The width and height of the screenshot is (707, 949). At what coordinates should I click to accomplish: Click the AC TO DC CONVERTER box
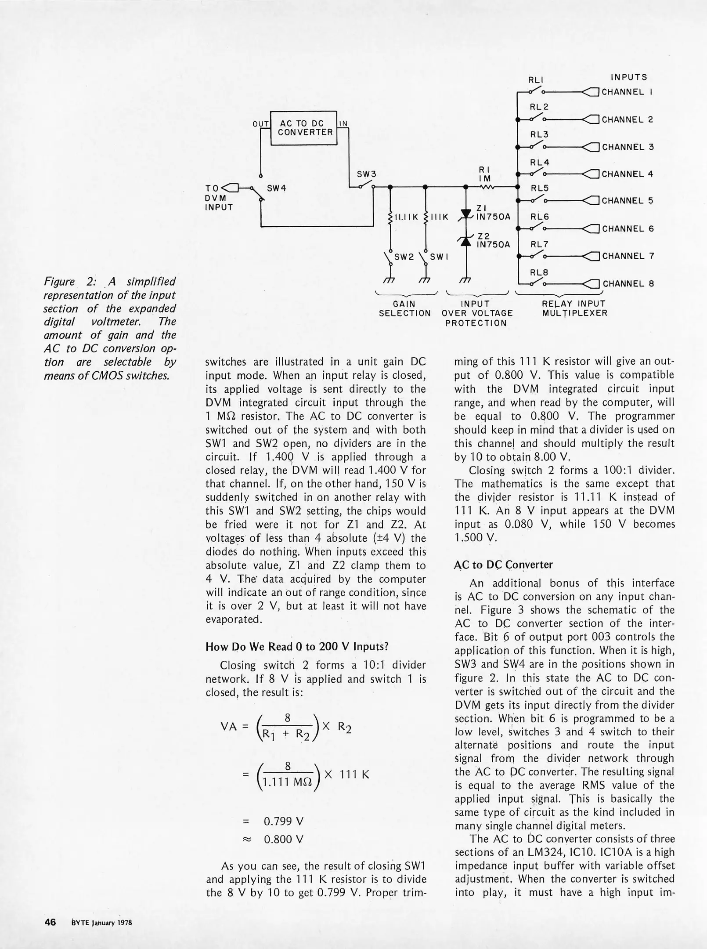[303, 128]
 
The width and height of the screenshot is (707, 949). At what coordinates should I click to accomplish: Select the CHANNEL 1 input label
[627, 92]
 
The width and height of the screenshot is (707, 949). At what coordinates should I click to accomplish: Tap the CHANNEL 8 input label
[628, 284]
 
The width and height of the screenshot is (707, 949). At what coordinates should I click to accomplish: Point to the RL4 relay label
[540, 163]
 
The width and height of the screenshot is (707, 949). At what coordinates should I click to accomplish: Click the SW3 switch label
[367, 174]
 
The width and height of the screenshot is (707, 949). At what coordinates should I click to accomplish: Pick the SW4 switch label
[277, 188]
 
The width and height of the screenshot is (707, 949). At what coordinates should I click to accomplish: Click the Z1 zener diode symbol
[465, 214]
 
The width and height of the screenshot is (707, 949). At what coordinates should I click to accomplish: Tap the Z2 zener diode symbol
[465, 239]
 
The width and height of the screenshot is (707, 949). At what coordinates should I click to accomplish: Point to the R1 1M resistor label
[485, 174]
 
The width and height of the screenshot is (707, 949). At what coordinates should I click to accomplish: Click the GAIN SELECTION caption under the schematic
[404, 308]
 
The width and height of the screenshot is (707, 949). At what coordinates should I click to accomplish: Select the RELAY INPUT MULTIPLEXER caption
[574, 308]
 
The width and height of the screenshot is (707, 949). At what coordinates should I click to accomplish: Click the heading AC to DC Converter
[503, 565]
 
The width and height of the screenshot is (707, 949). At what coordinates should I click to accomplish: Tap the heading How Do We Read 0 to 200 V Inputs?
[297, 647]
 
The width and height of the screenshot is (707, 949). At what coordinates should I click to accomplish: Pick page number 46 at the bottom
[50, 922]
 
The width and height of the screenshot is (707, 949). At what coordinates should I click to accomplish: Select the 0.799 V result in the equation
[284, 821]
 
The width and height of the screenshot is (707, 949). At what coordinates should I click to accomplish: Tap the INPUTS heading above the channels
[629, 77]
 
